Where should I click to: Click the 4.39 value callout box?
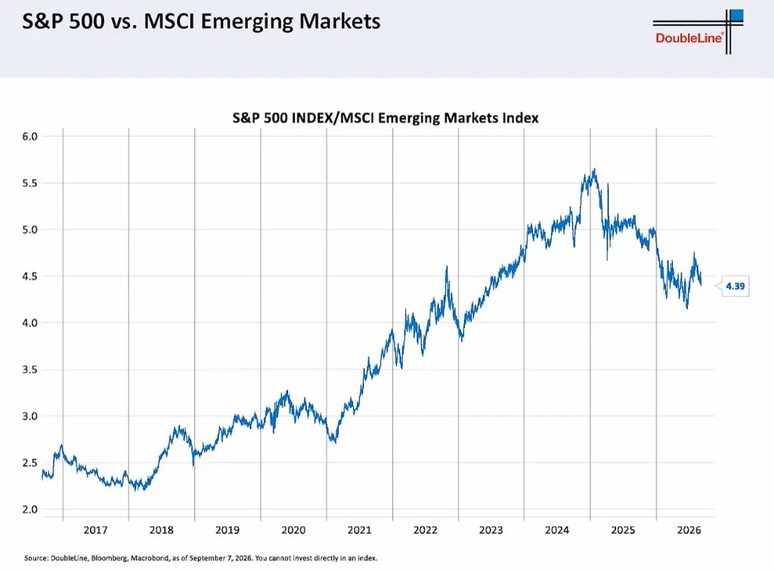click(x=735, y=286)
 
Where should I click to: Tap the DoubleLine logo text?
click(x=689, y=38)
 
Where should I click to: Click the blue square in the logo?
click(x=736, y=15)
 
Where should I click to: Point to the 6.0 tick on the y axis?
click(x=29, y=136)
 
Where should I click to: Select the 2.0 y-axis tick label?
click(x=29, y=509)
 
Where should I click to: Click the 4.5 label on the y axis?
click(x=29, y=276)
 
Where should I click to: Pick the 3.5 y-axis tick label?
click(x=29, y=370)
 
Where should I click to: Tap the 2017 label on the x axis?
click(x=95, y=530)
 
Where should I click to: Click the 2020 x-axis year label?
click(x=293, y=530)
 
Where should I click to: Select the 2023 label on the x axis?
click(x=491, y=530)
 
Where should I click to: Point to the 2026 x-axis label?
click(x=689, y=530)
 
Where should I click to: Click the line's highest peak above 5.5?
click(x=594, y=169)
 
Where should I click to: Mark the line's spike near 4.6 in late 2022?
click(x=447, y=267)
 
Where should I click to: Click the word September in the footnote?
click(x=207, y=558)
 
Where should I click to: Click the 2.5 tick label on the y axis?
click(x=29, y=463)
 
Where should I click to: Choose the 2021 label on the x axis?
click(x=359, y=530)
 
